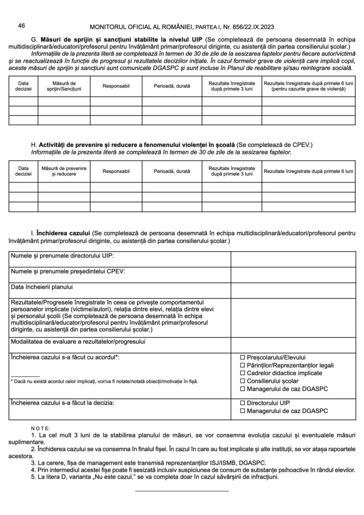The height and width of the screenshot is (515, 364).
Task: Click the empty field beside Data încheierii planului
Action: pyautogui.click(x=292, y=289)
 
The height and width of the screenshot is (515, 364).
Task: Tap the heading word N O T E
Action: pyautogui.click(x=40, y=425)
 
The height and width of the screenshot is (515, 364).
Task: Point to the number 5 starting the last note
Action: pyautogui.click(x=33, y=477)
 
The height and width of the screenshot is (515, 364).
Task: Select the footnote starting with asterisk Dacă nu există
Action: pyautogui.click(x=104, y=382)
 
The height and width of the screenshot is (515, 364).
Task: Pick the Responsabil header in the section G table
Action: pyautogui.click(x=116, y=86)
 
